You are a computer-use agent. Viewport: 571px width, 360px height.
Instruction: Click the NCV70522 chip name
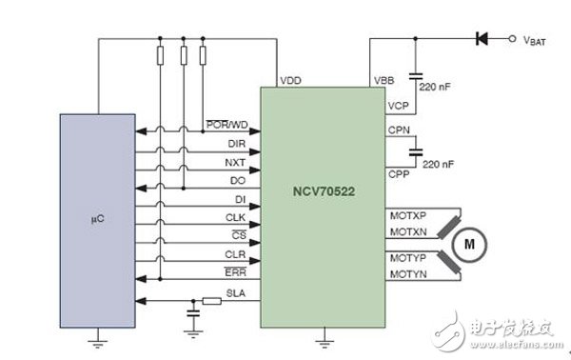[324, 191]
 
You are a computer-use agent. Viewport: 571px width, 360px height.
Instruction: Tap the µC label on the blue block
[97, 219]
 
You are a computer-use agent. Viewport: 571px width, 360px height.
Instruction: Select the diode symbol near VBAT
[482, 38]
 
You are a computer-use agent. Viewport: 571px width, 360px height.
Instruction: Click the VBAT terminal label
[534, 40]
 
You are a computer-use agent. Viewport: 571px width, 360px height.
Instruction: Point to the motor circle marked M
[469, 244]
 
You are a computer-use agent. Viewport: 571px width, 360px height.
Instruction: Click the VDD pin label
[290, 80]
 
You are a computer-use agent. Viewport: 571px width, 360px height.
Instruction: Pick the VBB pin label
[384, 80]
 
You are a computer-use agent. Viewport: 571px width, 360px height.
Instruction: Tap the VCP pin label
[398, 106]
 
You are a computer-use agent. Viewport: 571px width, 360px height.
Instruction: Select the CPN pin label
[399, 130]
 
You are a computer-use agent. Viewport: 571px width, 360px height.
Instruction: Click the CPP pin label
[399, 173]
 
